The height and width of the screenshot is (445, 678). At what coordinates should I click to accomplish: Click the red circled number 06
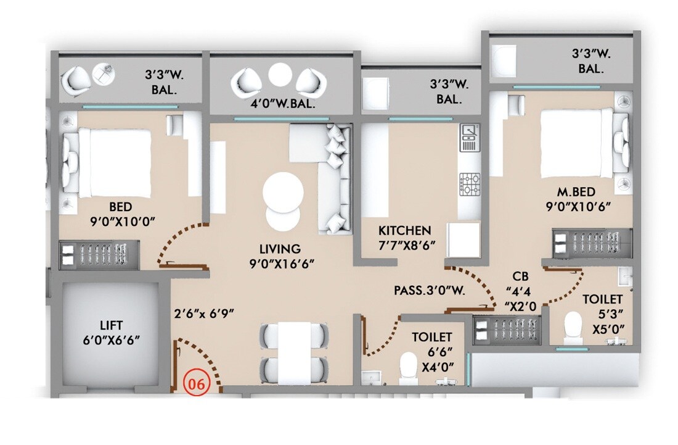pyautogui.click(x=196, y=382)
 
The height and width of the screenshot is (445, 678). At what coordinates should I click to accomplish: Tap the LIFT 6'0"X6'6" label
pyautogui.click(x=112, y=332)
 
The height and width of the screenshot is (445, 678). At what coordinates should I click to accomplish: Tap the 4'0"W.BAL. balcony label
pyautogui.click(x=283, y=104)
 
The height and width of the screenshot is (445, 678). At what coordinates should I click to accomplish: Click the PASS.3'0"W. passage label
pyautogui.click(x=430, y=289)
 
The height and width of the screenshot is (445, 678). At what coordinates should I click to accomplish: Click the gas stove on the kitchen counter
pyautogui.click(x=469, y=183)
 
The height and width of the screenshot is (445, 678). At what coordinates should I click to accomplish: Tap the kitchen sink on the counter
pyautogui.click(x=469, y=137)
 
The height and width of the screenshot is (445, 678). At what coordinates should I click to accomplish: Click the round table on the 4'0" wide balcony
pyautogui.click(x=280, y=76)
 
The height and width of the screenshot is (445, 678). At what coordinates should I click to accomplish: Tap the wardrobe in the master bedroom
pyautogui.click(x=591, y=243)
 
